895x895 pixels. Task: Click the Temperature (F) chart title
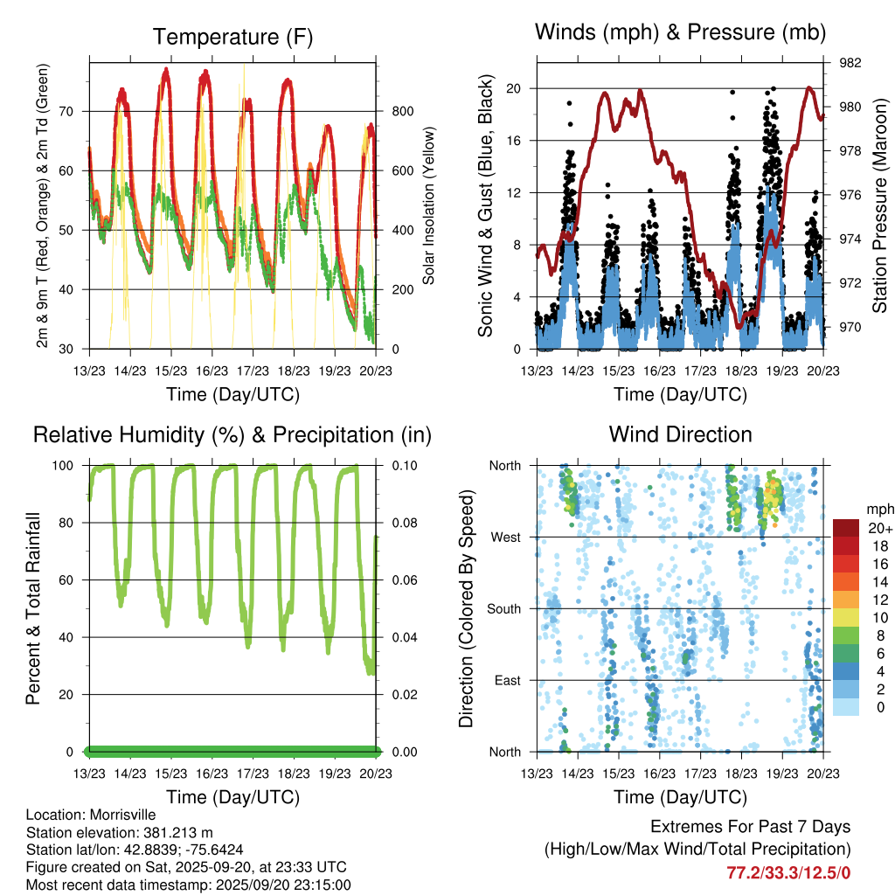coord(232,37)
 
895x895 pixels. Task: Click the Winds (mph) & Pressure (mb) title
coord(680,32)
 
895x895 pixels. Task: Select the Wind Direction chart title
coord(680,434)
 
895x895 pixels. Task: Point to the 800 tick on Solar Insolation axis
coord(402,111)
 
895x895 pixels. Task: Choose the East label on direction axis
coord(506,680)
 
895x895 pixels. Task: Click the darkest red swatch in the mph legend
coord(846,528)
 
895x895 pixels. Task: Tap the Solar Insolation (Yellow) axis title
coord(429,206)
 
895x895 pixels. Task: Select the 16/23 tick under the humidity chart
coord(212,774)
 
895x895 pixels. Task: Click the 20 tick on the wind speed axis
coord(515,88)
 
